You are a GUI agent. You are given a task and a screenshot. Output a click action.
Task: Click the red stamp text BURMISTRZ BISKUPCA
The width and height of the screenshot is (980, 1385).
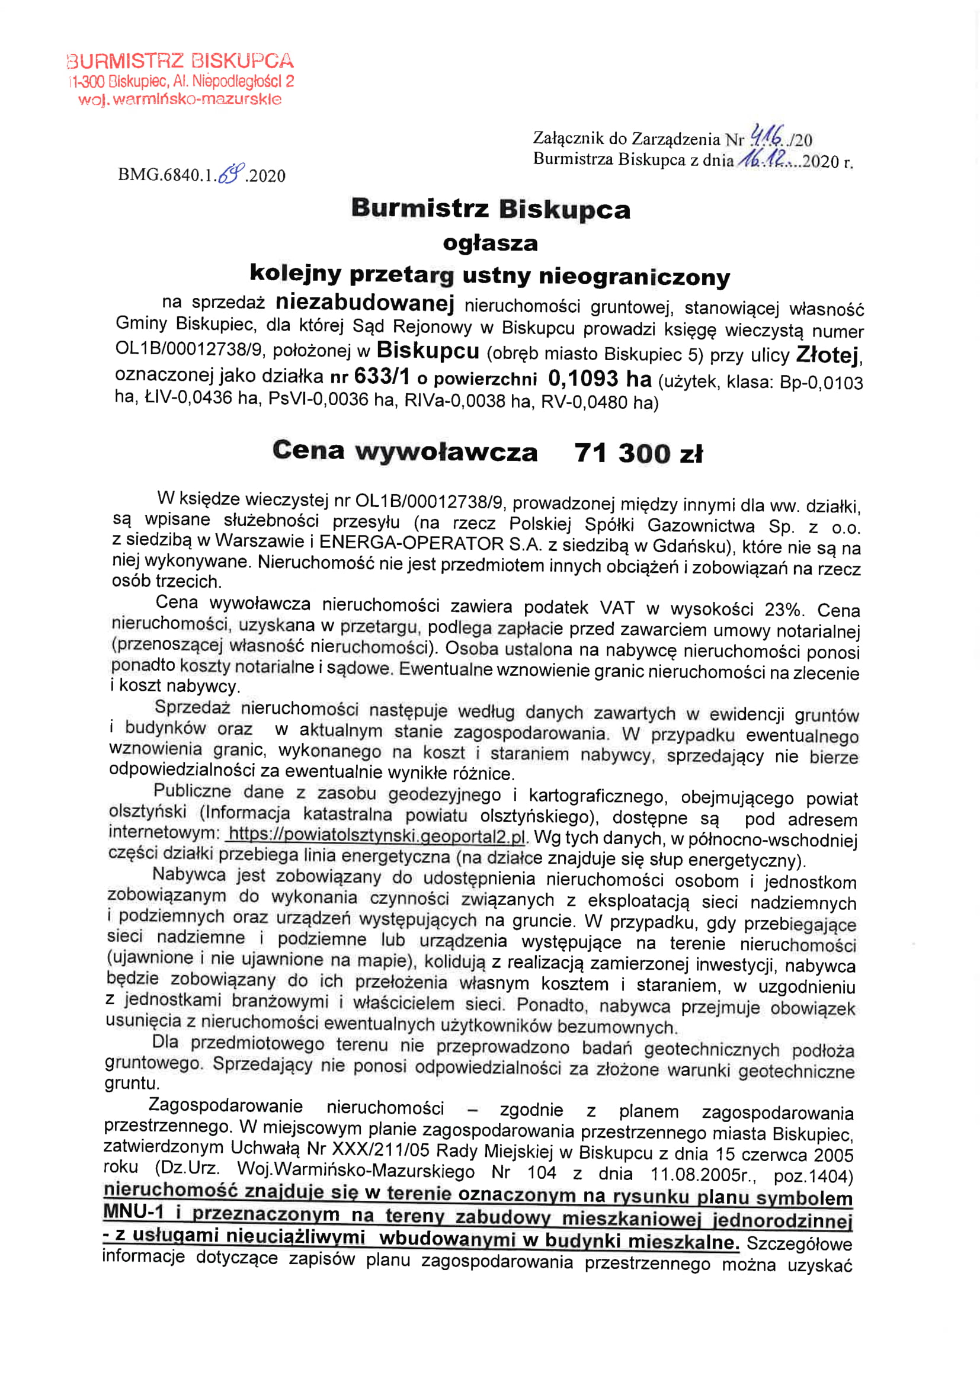click(181, 61)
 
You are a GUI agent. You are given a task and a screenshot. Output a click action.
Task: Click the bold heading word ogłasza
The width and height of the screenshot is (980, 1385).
click(490, 243)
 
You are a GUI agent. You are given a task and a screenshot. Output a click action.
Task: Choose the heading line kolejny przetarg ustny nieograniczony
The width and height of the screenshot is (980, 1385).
click(489, 275)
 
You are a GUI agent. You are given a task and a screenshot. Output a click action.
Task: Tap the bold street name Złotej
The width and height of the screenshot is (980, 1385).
click(828, 355)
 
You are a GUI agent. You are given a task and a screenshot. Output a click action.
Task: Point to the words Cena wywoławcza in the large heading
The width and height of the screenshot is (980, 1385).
click(404, 451)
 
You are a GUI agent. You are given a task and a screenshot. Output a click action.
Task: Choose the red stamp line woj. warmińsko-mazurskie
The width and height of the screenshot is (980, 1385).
click(180, 99)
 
